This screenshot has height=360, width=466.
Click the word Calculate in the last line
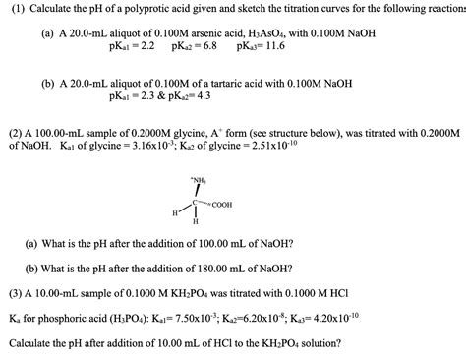pyautogui.click(x=36, y=344)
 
